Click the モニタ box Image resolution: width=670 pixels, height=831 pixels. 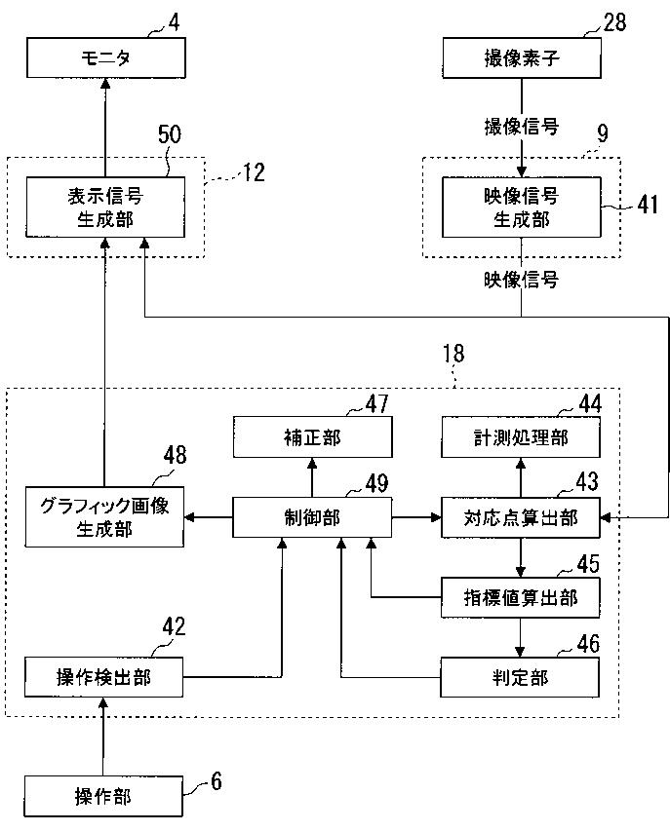tap(106, 57)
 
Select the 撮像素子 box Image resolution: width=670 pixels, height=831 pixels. tap(522, 57)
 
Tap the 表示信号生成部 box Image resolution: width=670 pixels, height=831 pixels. tap(105, 208)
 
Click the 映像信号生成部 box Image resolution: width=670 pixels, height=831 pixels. tap(522, 208)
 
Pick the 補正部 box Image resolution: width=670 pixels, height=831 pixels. tap(312, 437)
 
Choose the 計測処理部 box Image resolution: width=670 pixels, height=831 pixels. tap(521, 437)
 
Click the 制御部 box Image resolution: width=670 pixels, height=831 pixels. tap(312, 517)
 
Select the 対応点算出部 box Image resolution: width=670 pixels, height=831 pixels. tap(521, 517)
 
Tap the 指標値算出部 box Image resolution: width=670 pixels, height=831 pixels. tap(521, 597)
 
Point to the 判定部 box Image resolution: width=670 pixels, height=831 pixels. tap(520, 677)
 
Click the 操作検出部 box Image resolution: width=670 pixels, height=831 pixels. tap(104, 677)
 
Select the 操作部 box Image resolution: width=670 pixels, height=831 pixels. tap(103, 797)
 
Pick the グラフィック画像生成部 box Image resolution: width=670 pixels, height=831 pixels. tap(104, 516)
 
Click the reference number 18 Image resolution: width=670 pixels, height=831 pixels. tap(453, 354)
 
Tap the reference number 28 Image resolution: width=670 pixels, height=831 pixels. tap(614, 22)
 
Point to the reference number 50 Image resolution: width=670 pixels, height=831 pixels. tap(170, 134)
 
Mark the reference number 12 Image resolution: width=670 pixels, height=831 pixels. tap(254, 172)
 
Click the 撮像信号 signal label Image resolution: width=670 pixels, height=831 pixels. tap(522, 127)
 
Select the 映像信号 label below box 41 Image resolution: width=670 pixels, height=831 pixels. tap(522, 280)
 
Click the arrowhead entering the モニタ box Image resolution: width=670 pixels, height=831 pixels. tap(105, 83)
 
